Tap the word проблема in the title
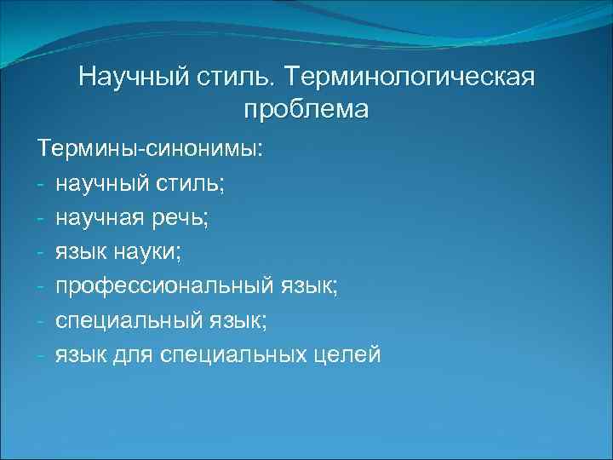[306, 110]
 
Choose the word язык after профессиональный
[308, 286]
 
